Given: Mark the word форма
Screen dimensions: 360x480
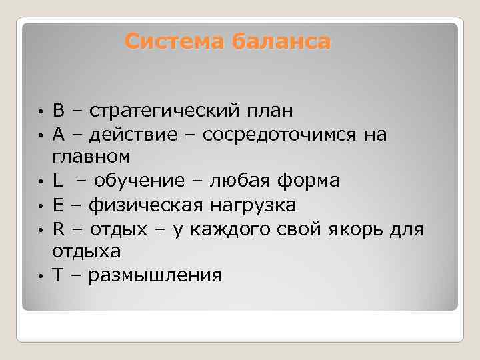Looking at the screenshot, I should pyautogui.click(x=312, y=181).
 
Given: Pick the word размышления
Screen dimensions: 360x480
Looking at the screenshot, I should pyautogui.click(x=155, y=275).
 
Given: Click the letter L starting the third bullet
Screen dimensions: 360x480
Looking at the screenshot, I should pyautogui.click(x=57, y=181).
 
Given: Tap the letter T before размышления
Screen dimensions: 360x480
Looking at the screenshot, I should pyautogui.click(x=58, y=275).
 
